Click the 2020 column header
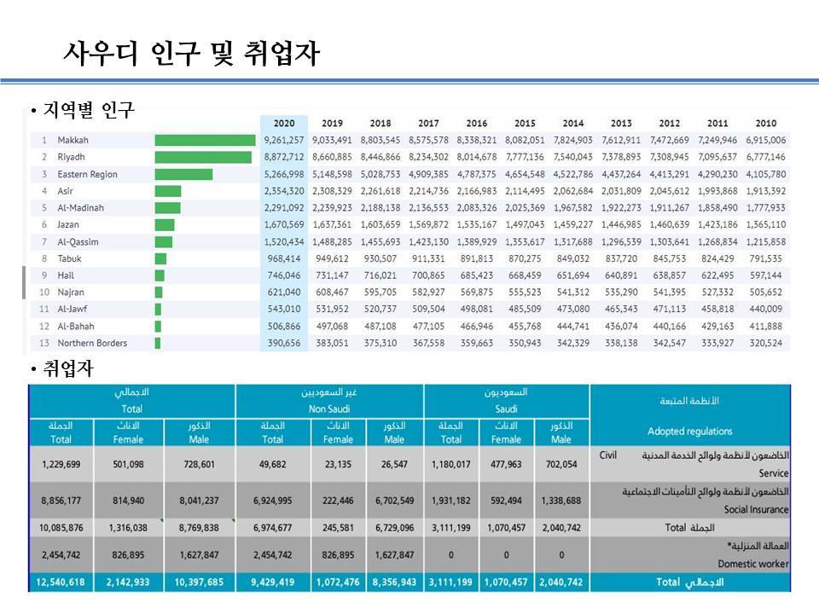[x=284, y=123]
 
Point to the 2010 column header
[x=766, y=123]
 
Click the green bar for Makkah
[x=205, y=141]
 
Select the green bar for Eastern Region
[x=183, y=175]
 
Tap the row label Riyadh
[x=71, y=158]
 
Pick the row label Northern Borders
[x=92, y=344]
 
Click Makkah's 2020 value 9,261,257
[x=284, y=141]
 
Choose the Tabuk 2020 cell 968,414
[x=284, y=259]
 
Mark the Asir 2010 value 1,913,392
[x=766, y=191]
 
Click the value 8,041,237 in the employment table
[x=201, y=501]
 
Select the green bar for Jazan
[x=165, y=225]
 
